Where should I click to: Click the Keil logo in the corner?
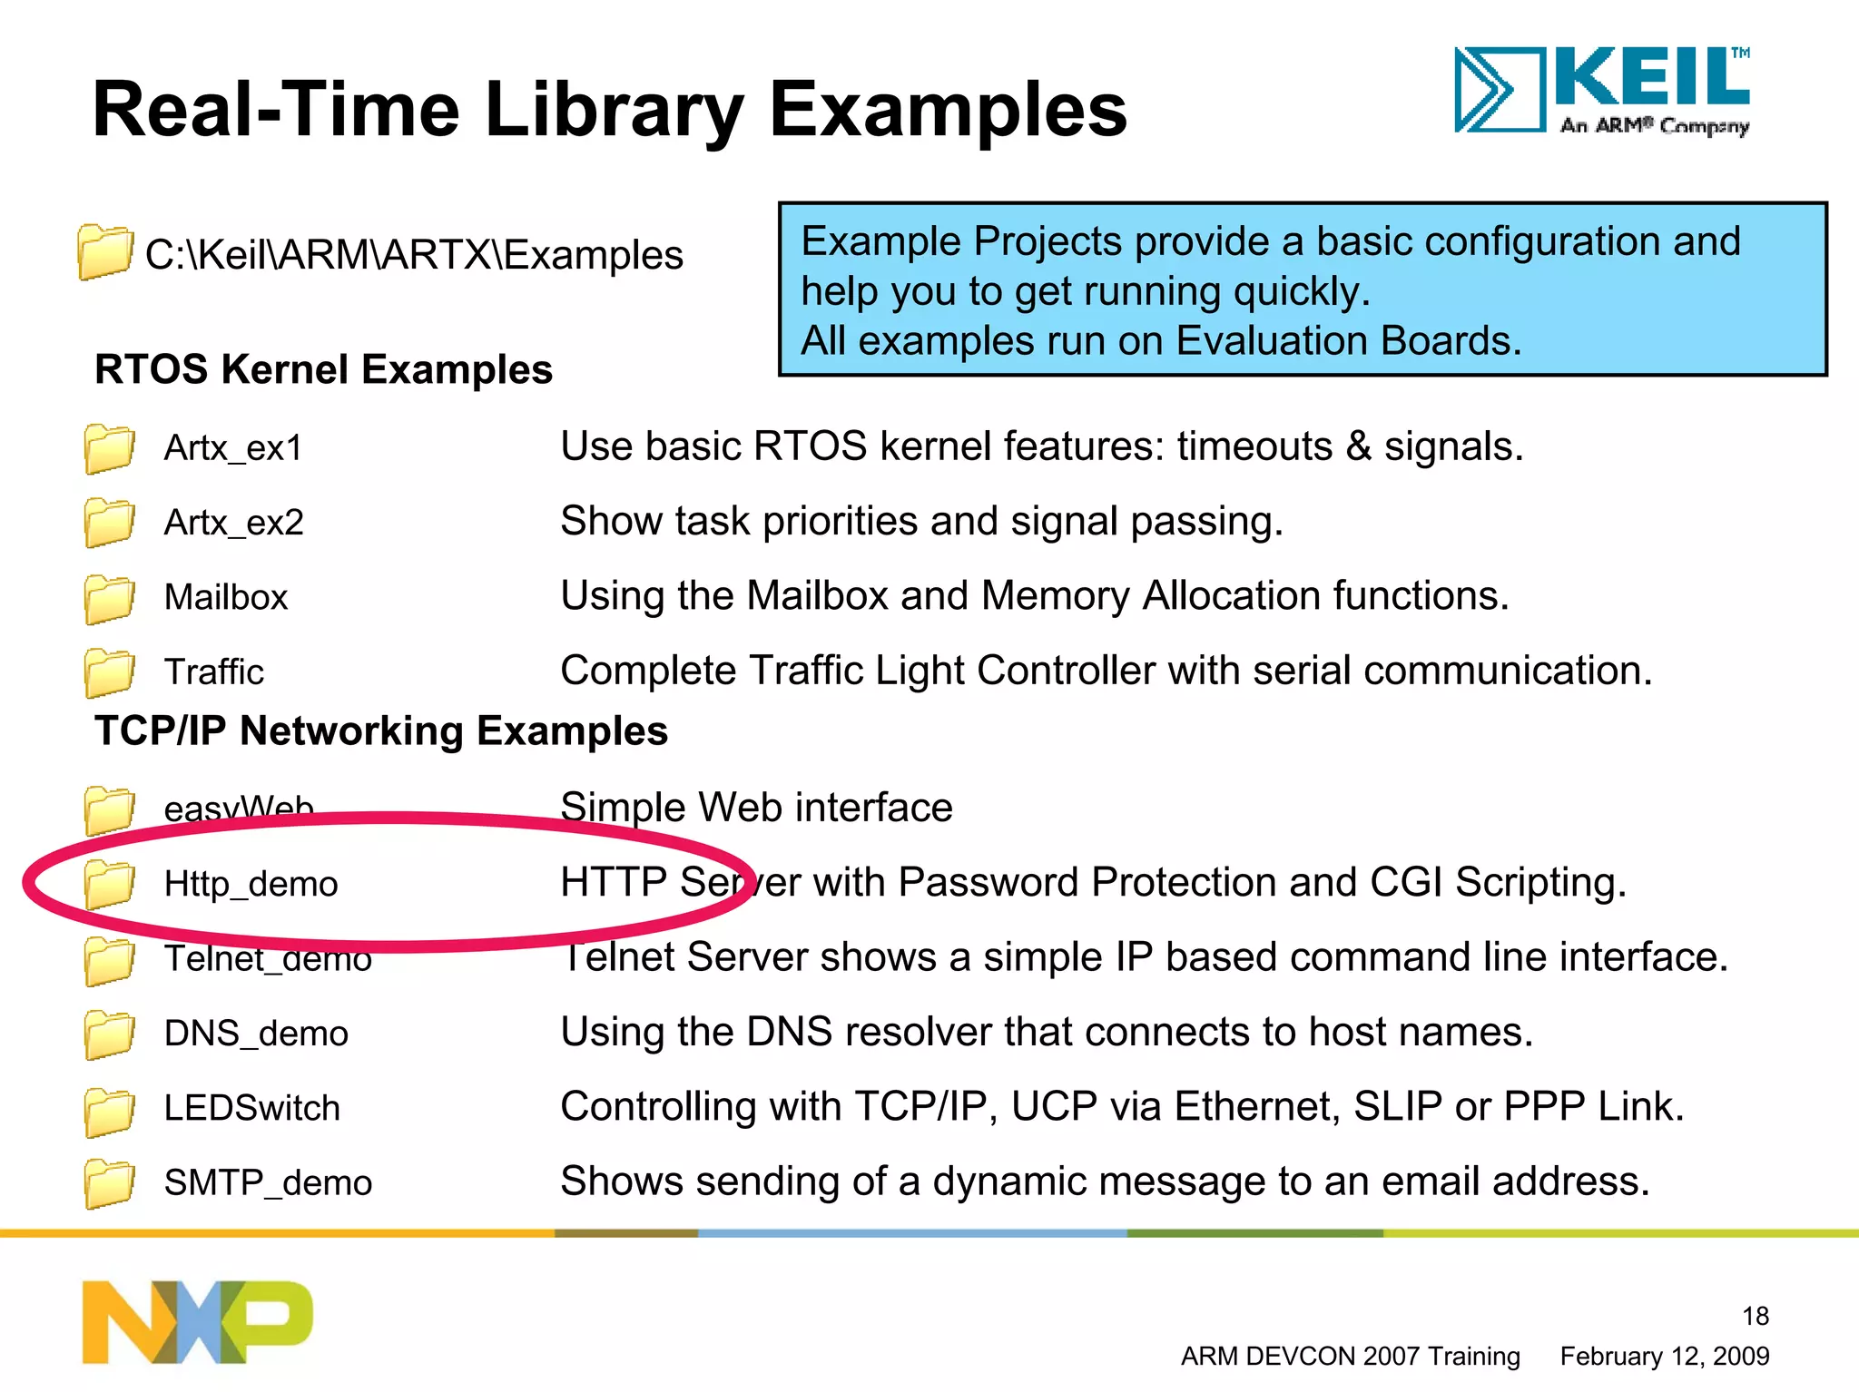[1602, 91]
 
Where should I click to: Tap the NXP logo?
[197, 1321]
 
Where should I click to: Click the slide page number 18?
[1755, 1316]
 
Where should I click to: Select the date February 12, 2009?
[1664, 1357]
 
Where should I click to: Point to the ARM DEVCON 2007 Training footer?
[1350, 1357]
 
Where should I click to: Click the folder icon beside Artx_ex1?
[109, 448]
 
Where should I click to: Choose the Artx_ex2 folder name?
[233, 523]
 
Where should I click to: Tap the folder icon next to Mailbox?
[109, 598]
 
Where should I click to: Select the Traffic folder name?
[213, 672]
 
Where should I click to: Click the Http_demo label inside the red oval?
[251, 884]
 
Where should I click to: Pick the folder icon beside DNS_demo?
[109, 1034]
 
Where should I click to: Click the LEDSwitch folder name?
[251, 1108]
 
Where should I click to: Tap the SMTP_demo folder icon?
[109, 1183]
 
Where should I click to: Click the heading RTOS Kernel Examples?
[323, 370]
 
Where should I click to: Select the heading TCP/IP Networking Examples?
[381, 731]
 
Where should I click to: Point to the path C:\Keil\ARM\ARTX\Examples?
[414, 255]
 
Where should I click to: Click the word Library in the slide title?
[614, 111]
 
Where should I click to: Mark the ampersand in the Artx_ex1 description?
[1358, 446]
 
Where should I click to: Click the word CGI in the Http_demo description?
[1405, 882]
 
